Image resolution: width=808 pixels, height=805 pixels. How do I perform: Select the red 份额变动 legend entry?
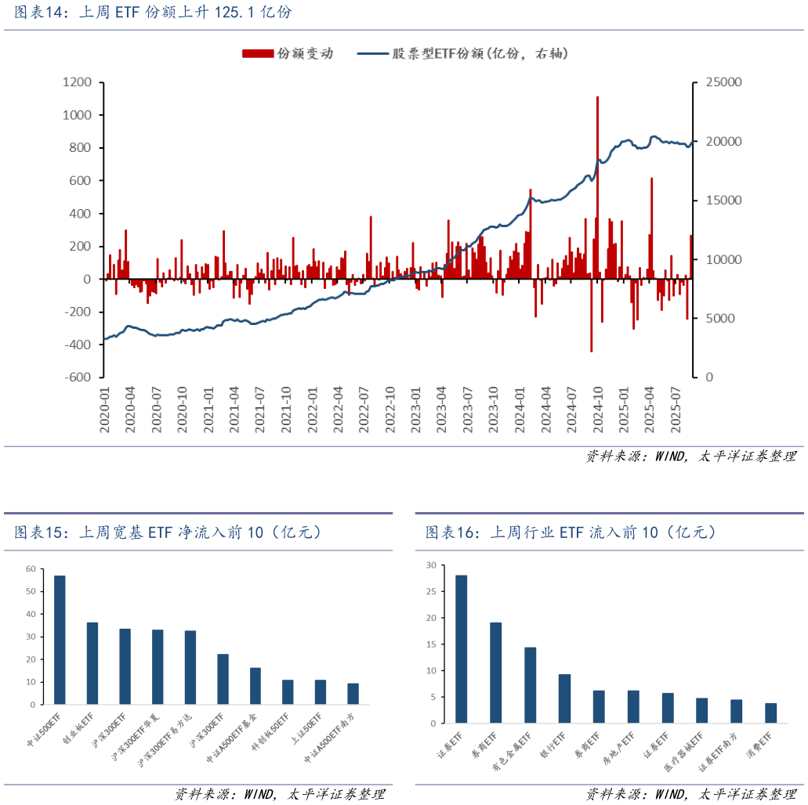288,53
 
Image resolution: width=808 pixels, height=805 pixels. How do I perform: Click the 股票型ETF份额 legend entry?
462,53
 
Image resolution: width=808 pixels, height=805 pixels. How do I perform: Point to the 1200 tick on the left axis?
77,82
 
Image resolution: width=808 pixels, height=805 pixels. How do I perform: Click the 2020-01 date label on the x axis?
105,406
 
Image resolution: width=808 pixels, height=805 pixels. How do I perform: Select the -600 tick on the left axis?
78,377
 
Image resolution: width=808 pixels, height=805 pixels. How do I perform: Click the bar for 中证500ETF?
60,640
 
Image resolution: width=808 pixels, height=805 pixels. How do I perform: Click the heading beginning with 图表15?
168,532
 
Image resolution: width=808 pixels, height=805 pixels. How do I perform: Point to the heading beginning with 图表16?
571,532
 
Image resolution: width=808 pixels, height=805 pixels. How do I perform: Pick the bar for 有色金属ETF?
531,684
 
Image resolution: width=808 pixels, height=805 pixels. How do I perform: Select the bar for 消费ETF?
771,713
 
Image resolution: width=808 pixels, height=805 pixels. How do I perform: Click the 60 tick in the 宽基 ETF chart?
30,569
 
